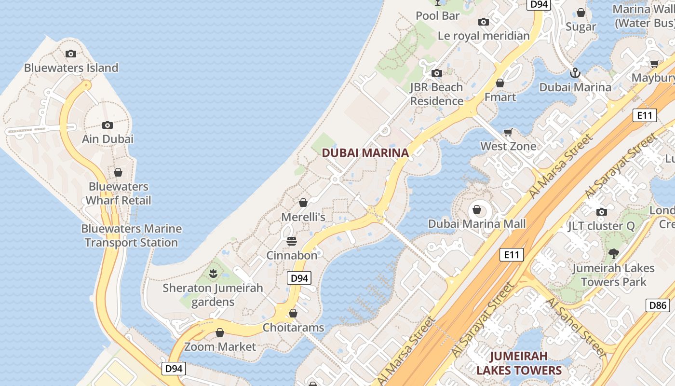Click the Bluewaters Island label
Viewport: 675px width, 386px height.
(71, 68)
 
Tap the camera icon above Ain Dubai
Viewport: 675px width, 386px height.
(108, 125)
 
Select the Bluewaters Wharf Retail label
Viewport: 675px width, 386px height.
(119, 193)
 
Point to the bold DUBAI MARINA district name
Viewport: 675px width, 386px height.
(365, 153)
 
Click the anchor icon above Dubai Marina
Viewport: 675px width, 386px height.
(575, 73)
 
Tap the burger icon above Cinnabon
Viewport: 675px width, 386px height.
(291, 241)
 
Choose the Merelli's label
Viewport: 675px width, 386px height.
(303, 217)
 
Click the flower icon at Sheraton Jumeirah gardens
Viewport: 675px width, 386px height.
(213, 274)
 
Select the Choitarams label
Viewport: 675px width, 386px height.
(293, 328)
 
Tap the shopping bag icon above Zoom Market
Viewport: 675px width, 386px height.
(220, 333)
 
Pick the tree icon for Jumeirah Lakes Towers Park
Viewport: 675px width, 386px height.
(613, 253)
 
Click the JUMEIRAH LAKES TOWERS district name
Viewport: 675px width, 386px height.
(519, 363)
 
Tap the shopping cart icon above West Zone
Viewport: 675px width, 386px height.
(508, 132)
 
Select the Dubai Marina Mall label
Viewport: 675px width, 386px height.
(477, 224)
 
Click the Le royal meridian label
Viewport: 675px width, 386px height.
(484, 36)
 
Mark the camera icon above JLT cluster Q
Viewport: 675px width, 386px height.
(601, 212)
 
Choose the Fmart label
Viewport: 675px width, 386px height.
(500, 97)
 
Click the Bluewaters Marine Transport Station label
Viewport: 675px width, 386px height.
(132, 235)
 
